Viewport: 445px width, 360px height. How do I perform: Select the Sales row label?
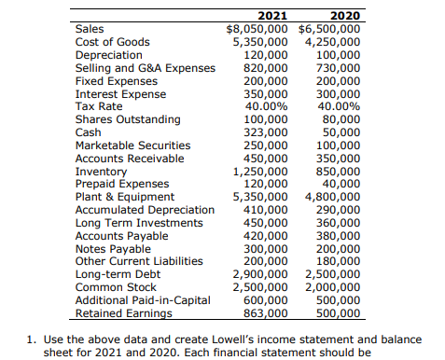click(x=90, y=29)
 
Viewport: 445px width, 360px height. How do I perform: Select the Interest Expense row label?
click(x=120, y=94)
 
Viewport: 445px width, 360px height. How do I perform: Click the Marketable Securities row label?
click(x=132, y=145)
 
